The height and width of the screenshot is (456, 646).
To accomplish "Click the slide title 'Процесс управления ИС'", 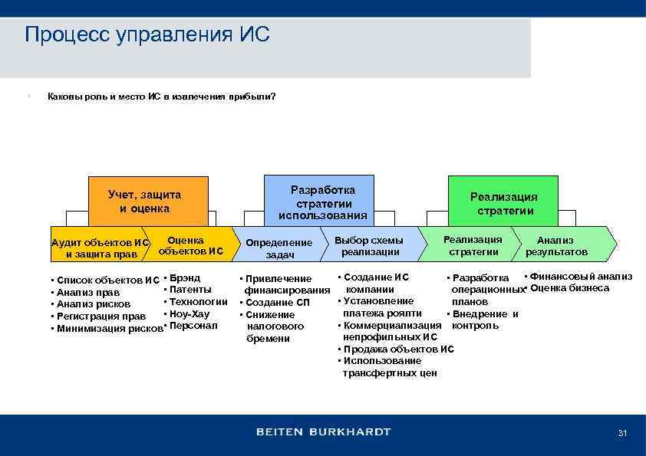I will click(x=147, y=35).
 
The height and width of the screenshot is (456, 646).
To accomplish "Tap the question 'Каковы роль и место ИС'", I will click(x=161, y=97).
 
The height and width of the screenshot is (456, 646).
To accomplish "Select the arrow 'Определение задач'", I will click(x=279, y=248).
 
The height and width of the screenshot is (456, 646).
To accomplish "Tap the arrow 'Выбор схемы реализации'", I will click(x=370, y=246).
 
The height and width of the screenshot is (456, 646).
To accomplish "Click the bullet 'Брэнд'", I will click(x=184, y=277).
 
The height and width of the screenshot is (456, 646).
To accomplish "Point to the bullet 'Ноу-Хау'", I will click(x=189, y=313).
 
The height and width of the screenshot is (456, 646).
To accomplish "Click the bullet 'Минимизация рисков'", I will click(x=107, y=328).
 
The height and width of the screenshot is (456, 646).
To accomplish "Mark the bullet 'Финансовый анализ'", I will click(x=581, y=276).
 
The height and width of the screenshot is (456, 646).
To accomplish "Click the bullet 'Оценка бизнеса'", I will click(x=569, y=288).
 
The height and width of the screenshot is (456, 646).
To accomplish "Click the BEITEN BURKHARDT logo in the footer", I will click(x=323, y=431).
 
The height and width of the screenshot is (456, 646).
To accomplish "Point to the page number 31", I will click(x=622, y=434).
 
